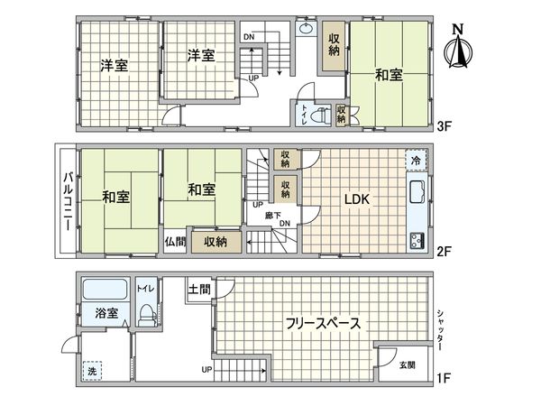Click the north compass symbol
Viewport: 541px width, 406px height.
pos(459,49)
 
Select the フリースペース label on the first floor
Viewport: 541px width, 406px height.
pos(323,323)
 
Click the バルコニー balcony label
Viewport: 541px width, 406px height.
pos(67,198)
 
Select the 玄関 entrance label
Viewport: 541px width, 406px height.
pos(408,364)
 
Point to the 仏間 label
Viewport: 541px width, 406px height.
pos(175,242)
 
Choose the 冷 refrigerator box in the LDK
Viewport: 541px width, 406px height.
pos(415,161)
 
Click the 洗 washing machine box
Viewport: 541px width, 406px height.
pos(92,371)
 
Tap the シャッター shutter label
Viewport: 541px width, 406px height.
pos(439,329)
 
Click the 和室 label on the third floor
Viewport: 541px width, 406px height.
pos(389,76)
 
